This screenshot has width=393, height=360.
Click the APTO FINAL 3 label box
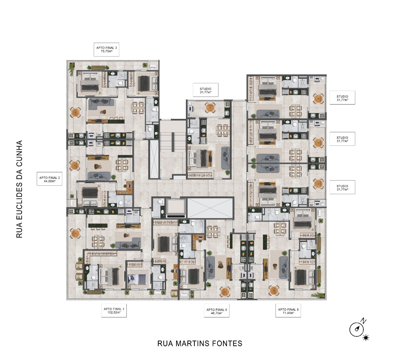[x=106, y=49]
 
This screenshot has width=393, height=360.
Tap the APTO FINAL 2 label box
[x=49, y=179]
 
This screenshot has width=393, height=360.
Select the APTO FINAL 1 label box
[x=114, y=311]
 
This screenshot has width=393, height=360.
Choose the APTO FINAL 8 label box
[x=288, y=311]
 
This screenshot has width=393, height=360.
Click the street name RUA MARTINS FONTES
[x=200, y=344]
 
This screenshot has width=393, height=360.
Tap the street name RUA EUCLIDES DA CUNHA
[x=19, y=189]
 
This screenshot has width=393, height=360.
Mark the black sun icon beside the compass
[x=365, y=338]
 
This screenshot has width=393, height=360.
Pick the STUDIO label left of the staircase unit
[x=206, y=90]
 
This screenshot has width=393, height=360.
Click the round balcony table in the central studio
[x=210, y=108]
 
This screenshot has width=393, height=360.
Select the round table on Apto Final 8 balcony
[x=274, y=291]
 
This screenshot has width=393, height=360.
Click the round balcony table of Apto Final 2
[x=75, y=165]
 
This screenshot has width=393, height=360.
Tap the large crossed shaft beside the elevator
[x=210, y=208]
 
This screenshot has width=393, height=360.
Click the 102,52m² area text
[x=114, y=313]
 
